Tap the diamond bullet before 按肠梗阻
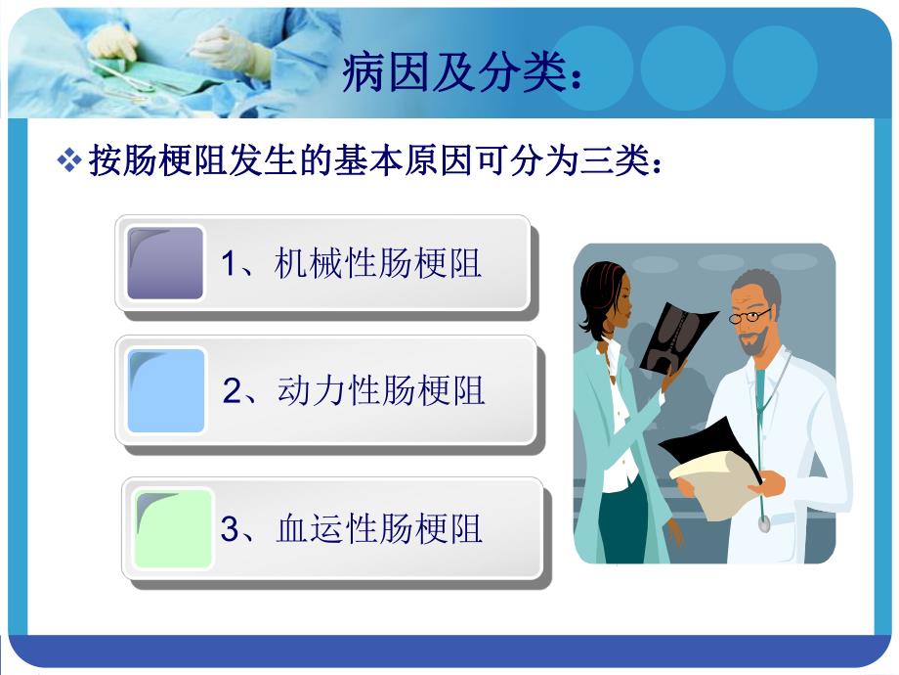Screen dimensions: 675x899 pos(69,161)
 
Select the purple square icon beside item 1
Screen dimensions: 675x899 pos(165,263)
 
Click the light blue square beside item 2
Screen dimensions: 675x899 pos(166,390)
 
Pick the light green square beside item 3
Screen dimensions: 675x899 pos(174,528)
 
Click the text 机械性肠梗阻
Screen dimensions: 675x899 pos(378,264)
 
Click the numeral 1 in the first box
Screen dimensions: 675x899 pos(229,265)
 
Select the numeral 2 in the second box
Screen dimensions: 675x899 pos(232,392)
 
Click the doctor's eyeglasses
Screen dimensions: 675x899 pos(750,315)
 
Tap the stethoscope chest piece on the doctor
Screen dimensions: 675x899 pos(763,523)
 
